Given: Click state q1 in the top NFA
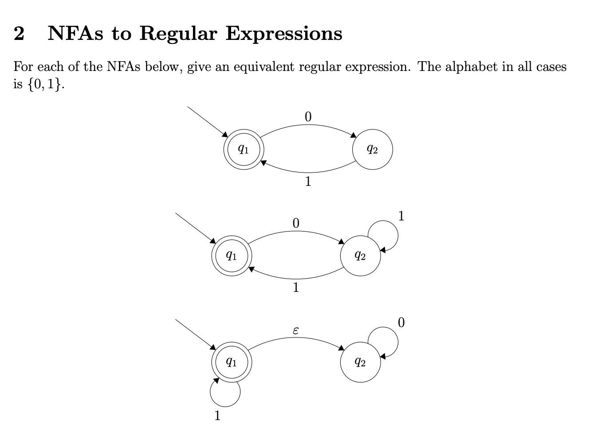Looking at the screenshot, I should tap(243, 149).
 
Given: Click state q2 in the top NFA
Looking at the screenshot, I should tap(372, 149).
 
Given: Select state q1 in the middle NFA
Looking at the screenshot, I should tap(231, 255).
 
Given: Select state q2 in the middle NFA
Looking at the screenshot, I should tap(360, 255).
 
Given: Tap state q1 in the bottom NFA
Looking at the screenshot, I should tap(231, 362).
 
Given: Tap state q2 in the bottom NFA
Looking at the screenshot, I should tap(360, 362).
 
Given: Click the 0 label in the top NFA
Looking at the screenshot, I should tap(308, 117).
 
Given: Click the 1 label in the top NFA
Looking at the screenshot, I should tap(308, 181).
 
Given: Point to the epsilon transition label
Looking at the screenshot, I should tap(296, 330).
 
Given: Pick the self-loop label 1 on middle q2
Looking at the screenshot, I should tap(401, 216).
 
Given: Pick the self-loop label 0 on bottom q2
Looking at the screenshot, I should tap(401, 322).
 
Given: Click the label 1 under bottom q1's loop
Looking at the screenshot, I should tap(217, 416).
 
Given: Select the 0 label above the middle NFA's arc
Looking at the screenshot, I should tap(296, 223).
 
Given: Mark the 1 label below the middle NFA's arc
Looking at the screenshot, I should tap(296, 287).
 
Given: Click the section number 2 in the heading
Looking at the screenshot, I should tap(19, 33).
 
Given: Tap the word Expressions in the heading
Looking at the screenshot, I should tap(284, 33).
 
